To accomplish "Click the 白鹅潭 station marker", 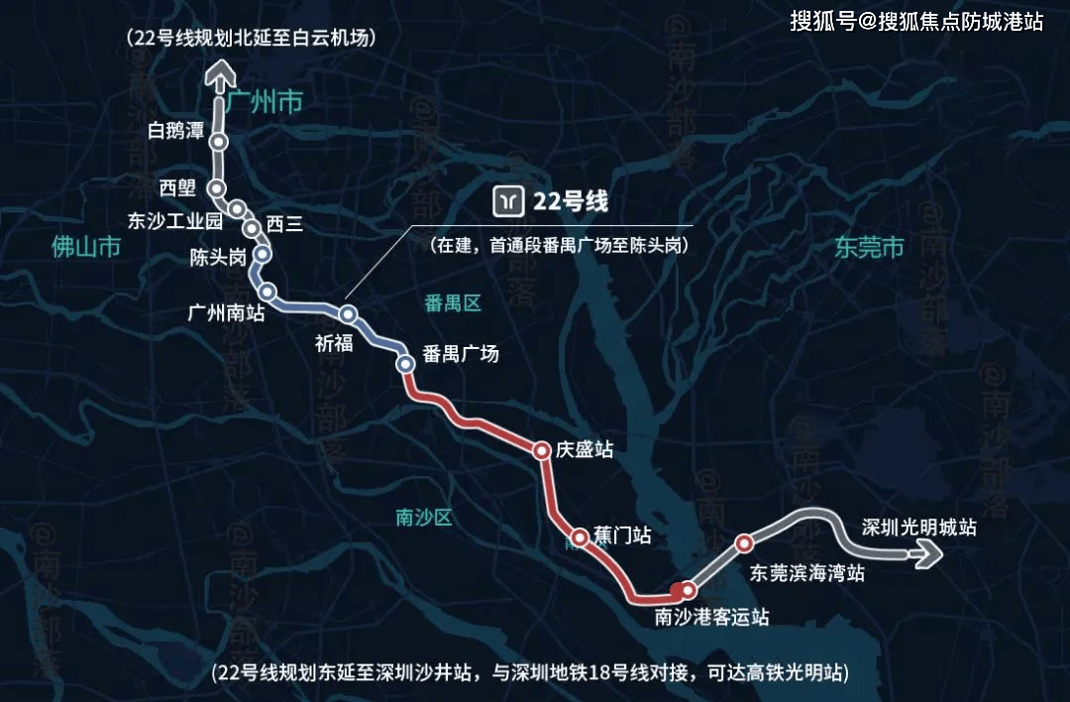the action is point(219,143).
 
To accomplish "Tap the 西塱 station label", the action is point(177,187).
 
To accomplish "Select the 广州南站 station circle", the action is point(267,292).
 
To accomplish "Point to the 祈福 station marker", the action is point(348,314).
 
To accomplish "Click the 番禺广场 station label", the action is point(460,355).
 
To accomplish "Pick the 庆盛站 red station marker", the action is point(542,451).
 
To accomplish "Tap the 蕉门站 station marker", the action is point(580,536).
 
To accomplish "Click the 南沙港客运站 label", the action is point(712,617).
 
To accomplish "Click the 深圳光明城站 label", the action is point(919,527).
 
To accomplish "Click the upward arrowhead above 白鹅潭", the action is point(219,74).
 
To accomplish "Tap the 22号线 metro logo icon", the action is point(509,201).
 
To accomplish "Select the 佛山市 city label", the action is point(86,247).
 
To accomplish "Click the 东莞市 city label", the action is point(869,248).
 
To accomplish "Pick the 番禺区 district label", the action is point(453,303).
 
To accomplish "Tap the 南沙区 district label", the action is point(423,517).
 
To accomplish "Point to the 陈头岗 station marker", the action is point(262,254).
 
